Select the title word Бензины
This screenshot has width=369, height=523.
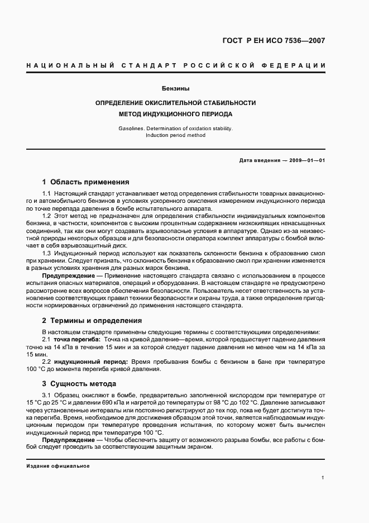pyautogui.click(x=175, y=88)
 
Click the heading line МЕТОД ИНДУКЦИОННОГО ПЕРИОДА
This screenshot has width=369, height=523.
pyautogui.click(x=175, y=114)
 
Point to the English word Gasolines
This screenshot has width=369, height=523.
pyautogui.click(x=131, y=128)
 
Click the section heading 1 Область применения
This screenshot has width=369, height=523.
pyautogui.click(x=86, y=182)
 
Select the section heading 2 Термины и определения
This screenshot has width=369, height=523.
pyautogui.click(x=92, y=321)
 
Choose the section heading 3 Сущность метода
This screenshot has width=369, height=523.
pyautogui.click(x=79, y=384)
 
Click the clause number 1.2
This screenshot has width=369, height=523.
pyautogui.click(x=47, y=215)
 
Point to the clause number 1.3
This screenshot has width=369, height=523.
pyautogui.click(x=47, y=253)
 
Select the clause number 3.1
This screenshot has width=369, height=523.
pyautogui.click(x=47, y=395)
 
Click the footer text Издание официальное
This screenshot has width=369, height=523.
pyautogui.click(x=58, y=465)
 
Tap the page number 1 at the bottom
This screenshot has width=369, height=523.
pyautogui.click(x=323, y=477)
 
